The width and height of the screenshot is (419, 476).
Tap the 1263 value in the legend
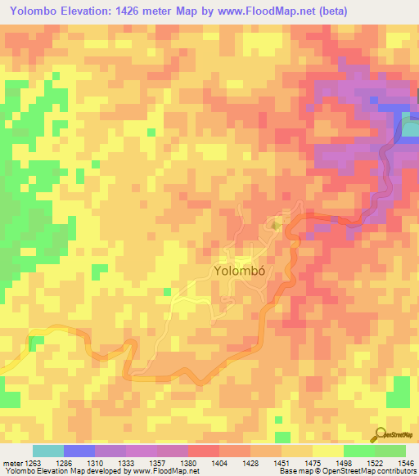tap(33, 462)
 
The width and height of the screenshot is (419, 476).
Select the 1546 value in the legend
tap(403, 462)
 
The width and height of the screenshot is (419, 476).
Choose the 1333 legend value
tap(125, 462)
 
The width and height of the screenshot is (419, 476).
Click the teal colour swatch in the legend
tap(48, 451)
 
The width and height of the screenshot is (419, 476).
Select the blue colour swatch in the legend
tap(79, 451)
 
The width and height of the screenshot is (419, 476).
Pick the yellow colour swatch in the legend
tap(327, 451)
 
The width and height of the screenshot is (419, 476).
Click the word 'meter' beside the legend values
tap(11, 462)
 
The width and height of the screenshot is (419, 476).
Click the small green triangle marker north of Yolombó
tap(276, 223)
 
